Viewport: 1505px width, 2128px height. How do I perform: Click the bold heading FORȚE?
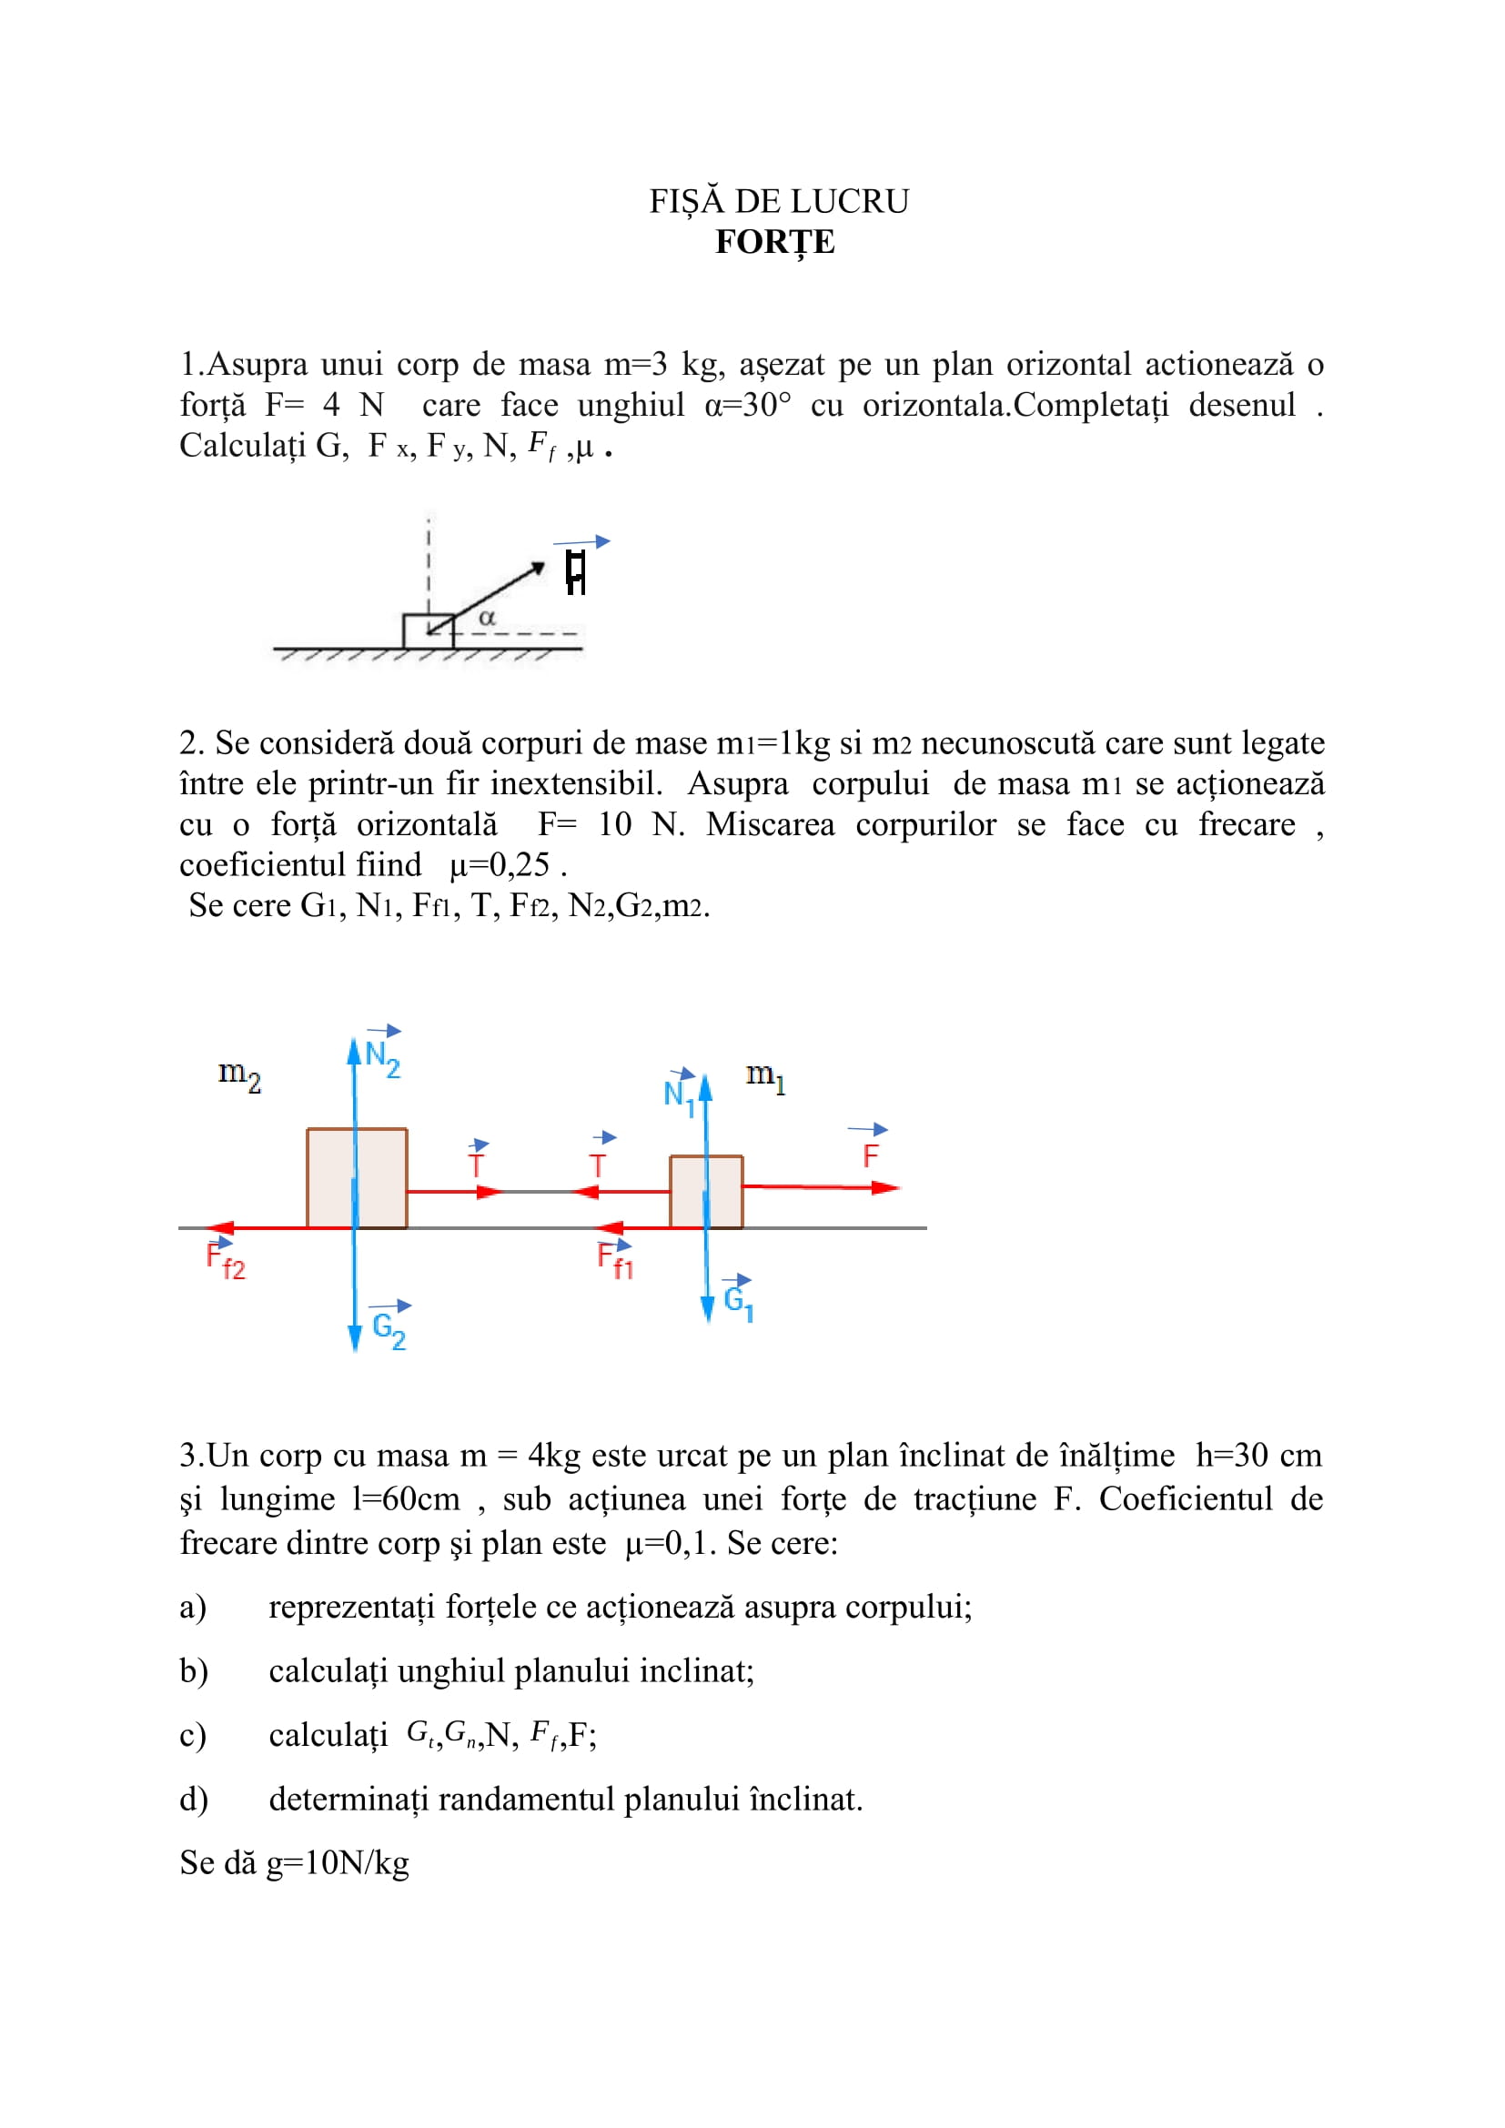[x=774, y=242]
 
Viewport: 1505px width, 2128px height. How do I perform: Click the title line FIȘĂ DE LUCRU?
[x=779, y=201]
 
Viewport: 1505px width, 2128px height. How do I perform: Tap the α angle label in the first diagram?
[x=487, y=617]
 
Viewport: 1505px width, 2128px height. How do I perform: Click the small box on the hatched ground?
[x=429, y=631]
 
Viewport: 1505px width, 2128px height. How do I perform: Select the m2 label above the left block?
[x=239, y=1075]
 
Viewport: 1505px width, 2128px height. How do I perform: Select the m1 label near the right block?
[x=765, y=1076]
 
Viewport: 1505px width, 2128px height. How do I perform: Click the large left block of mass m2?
[x=357, y=1178]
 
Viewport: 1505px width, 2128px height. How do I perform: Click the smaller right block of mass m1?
[x=706, y=1191]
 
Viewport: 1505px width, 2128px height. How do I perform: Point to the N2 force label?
[x=382, y=1056]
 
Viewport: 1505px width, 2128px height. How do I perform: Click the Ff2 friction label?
[x=225, y=1261]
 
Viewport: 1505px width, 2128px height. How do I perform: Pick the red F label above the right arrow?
[x=869, y=1155]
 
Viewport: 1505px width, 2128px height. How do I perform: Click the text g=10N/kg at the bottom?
[x=338, y=1863]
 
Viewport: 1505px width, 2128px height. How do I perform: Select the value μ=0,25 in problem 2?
[x=500, y=864]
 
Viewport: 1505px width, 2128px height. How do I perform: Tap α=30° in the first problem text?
[x=748, y=406]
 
